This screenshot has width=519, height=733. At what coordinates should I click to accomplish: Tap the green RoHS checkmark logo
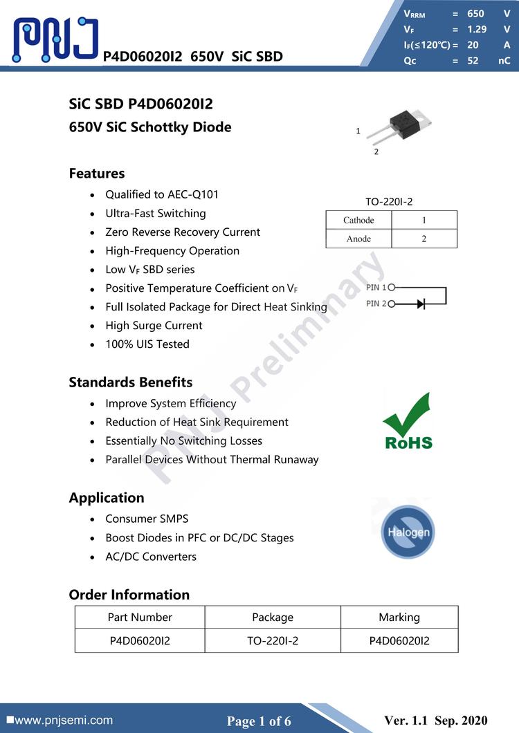pyautogui.click(x=408, y=420)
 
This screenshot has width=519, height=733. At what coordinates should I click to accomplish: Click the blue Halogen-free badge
pyautogui.click(x=408, y=531)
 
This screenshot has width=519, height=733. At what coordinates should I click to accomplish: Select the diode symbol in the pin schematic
pyautogui.click(x=419, y=304)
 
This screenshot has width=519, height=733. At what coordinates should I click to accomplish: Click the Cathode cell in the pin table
pyautogui.click(x=358, y=221)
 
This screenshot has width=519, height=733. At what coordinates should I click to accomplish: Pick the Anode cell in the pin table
pyautogui.click(x=358, y=239)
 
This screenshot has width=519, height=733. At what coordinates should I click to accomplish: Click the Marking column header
pyautogui.click(x=399, y=617)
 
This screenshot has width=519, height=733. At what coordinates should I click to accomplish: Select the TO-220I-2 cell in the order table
pyautogui.click(x=273, y=640)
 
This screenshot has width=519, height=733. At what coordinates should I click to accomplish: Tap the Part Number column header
pyautogui.click(x=140, y=617)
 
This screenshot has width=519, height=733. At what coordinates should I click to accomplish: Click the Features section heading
pyautogui.click(x=97, y=174)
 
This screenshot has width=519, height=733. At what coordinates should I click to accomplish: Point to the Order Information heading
pyautogui.click(x=129, y=595)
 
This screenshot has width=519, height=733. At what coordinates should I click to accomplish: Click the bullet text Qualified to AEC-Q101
pyautogui.click(x=162, y=194)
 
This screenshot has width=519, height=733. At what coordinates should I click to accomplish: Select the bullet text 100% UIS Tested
pyautogui.click(x=147, y=344)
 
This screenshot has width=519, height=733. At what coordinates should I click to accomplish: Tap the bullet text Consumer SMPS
pyautogui.click(x=147, y=519)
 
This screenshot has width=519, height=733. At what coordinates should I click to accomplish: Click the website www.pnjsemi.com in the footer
pyautogui.click(x=63, y=720)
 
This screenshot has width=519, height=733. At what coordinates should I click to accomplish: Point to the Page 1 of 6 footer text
pyautogui.click(x=259, y=721)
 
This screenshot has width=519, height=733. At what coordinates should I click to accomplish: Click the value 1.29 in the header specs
pyautogui.click(x=477, y=29)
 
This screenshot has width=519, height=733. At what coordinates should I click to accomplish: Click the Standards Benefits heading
pyautogui.click(x=131, y=382)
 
